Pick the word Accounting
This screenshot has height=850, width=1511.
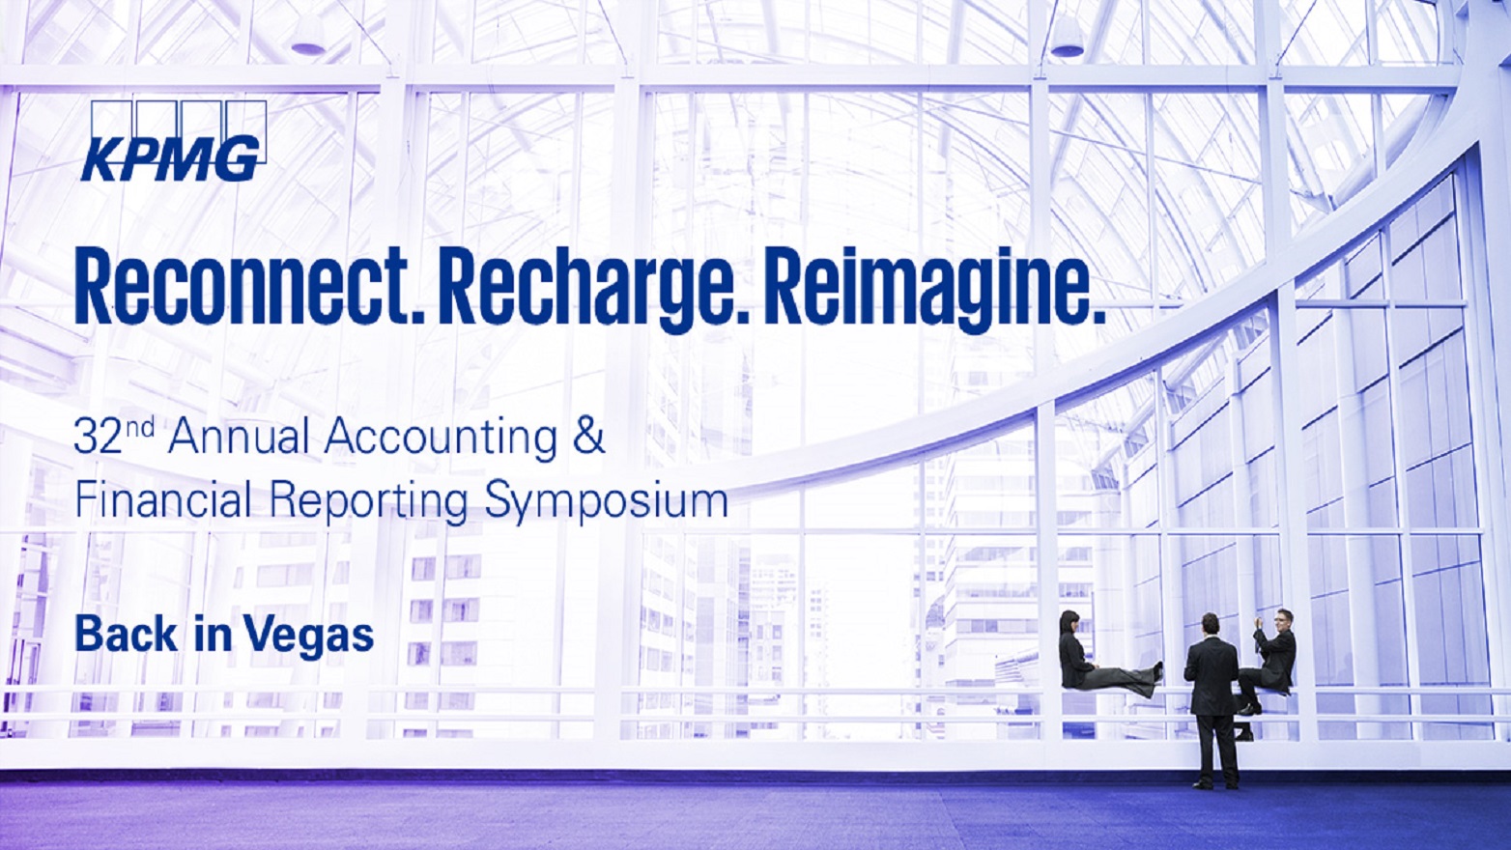pos(441,438)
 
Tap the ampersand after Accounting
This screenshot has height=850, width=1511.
pos(587,437)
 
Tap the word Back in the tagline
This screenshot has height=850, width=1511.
pos(126,635)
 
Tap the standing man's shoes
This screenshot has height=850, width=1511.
pos(1216,783)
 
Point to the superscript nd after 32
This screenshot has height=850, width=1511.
pos(141,426)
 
